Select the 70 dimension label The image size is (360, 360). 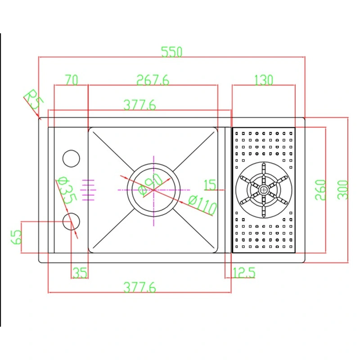[71, 80]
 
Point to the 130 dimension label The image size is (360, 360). [263, 80]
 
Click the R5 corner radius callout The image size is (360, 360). [32, 100]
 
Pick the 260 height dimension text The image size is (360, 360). [320, 190]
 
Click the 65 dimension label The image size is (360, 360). [17, 237]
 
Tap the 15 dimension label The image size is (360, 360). [210, 184]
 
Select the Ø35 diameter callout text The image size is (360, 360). [65, 190]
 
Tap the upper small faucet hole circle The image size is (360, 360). [71, 158]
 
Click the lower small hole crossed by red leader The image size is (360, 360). [71, 222]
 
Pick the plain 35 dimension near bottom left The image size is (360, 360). [79, 272]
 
